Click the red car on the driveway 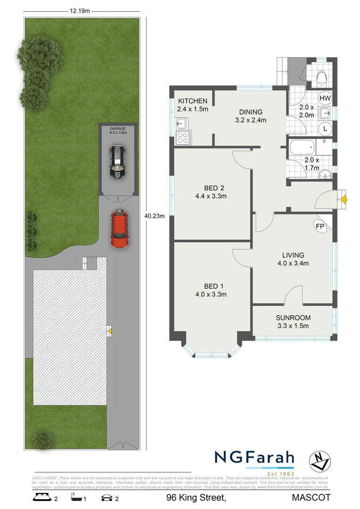[120, 229]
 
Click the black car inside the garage [117, 162]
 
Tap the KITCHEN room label [192, 101]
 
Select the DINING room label [250, 112]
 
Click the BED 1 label [211, 286]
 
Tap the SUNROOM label [292, 318]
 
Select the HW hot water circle [325, 98]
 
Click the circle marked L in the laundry [325, 129]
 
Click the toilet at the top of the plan [322, 77]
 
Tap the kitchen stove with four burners [182, 138]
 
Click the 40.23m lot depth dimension [154, 216]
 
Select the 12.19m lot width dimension [80, 11]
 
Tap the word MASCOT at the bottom [311, 497]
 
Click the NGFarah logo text [254, 458]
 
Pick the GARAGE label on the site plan [117, 129]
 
